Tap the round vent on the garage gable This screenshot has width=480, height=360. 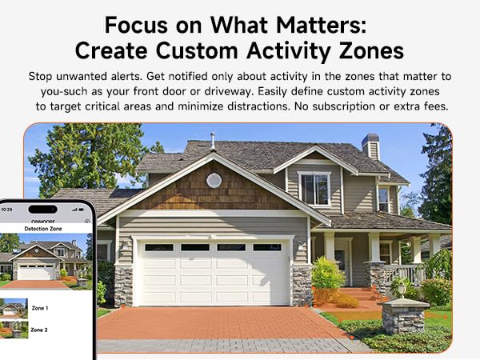coord(214,180)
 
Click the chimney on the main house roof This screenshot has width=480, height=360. coord(370,146)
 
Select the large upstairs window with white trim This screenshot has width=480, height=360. coord(314,189)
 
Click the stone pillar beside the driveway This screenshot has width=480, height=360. coord(404,318)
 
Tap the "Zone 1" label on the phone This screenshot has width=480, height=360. coord(40,308)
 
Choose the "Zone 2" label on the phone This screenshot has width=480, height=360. coord(40,330)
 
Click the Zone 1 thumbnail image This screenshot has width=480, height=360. coord(14,308)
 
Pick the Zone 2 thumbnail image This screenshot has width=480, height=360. coord(14,330)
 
